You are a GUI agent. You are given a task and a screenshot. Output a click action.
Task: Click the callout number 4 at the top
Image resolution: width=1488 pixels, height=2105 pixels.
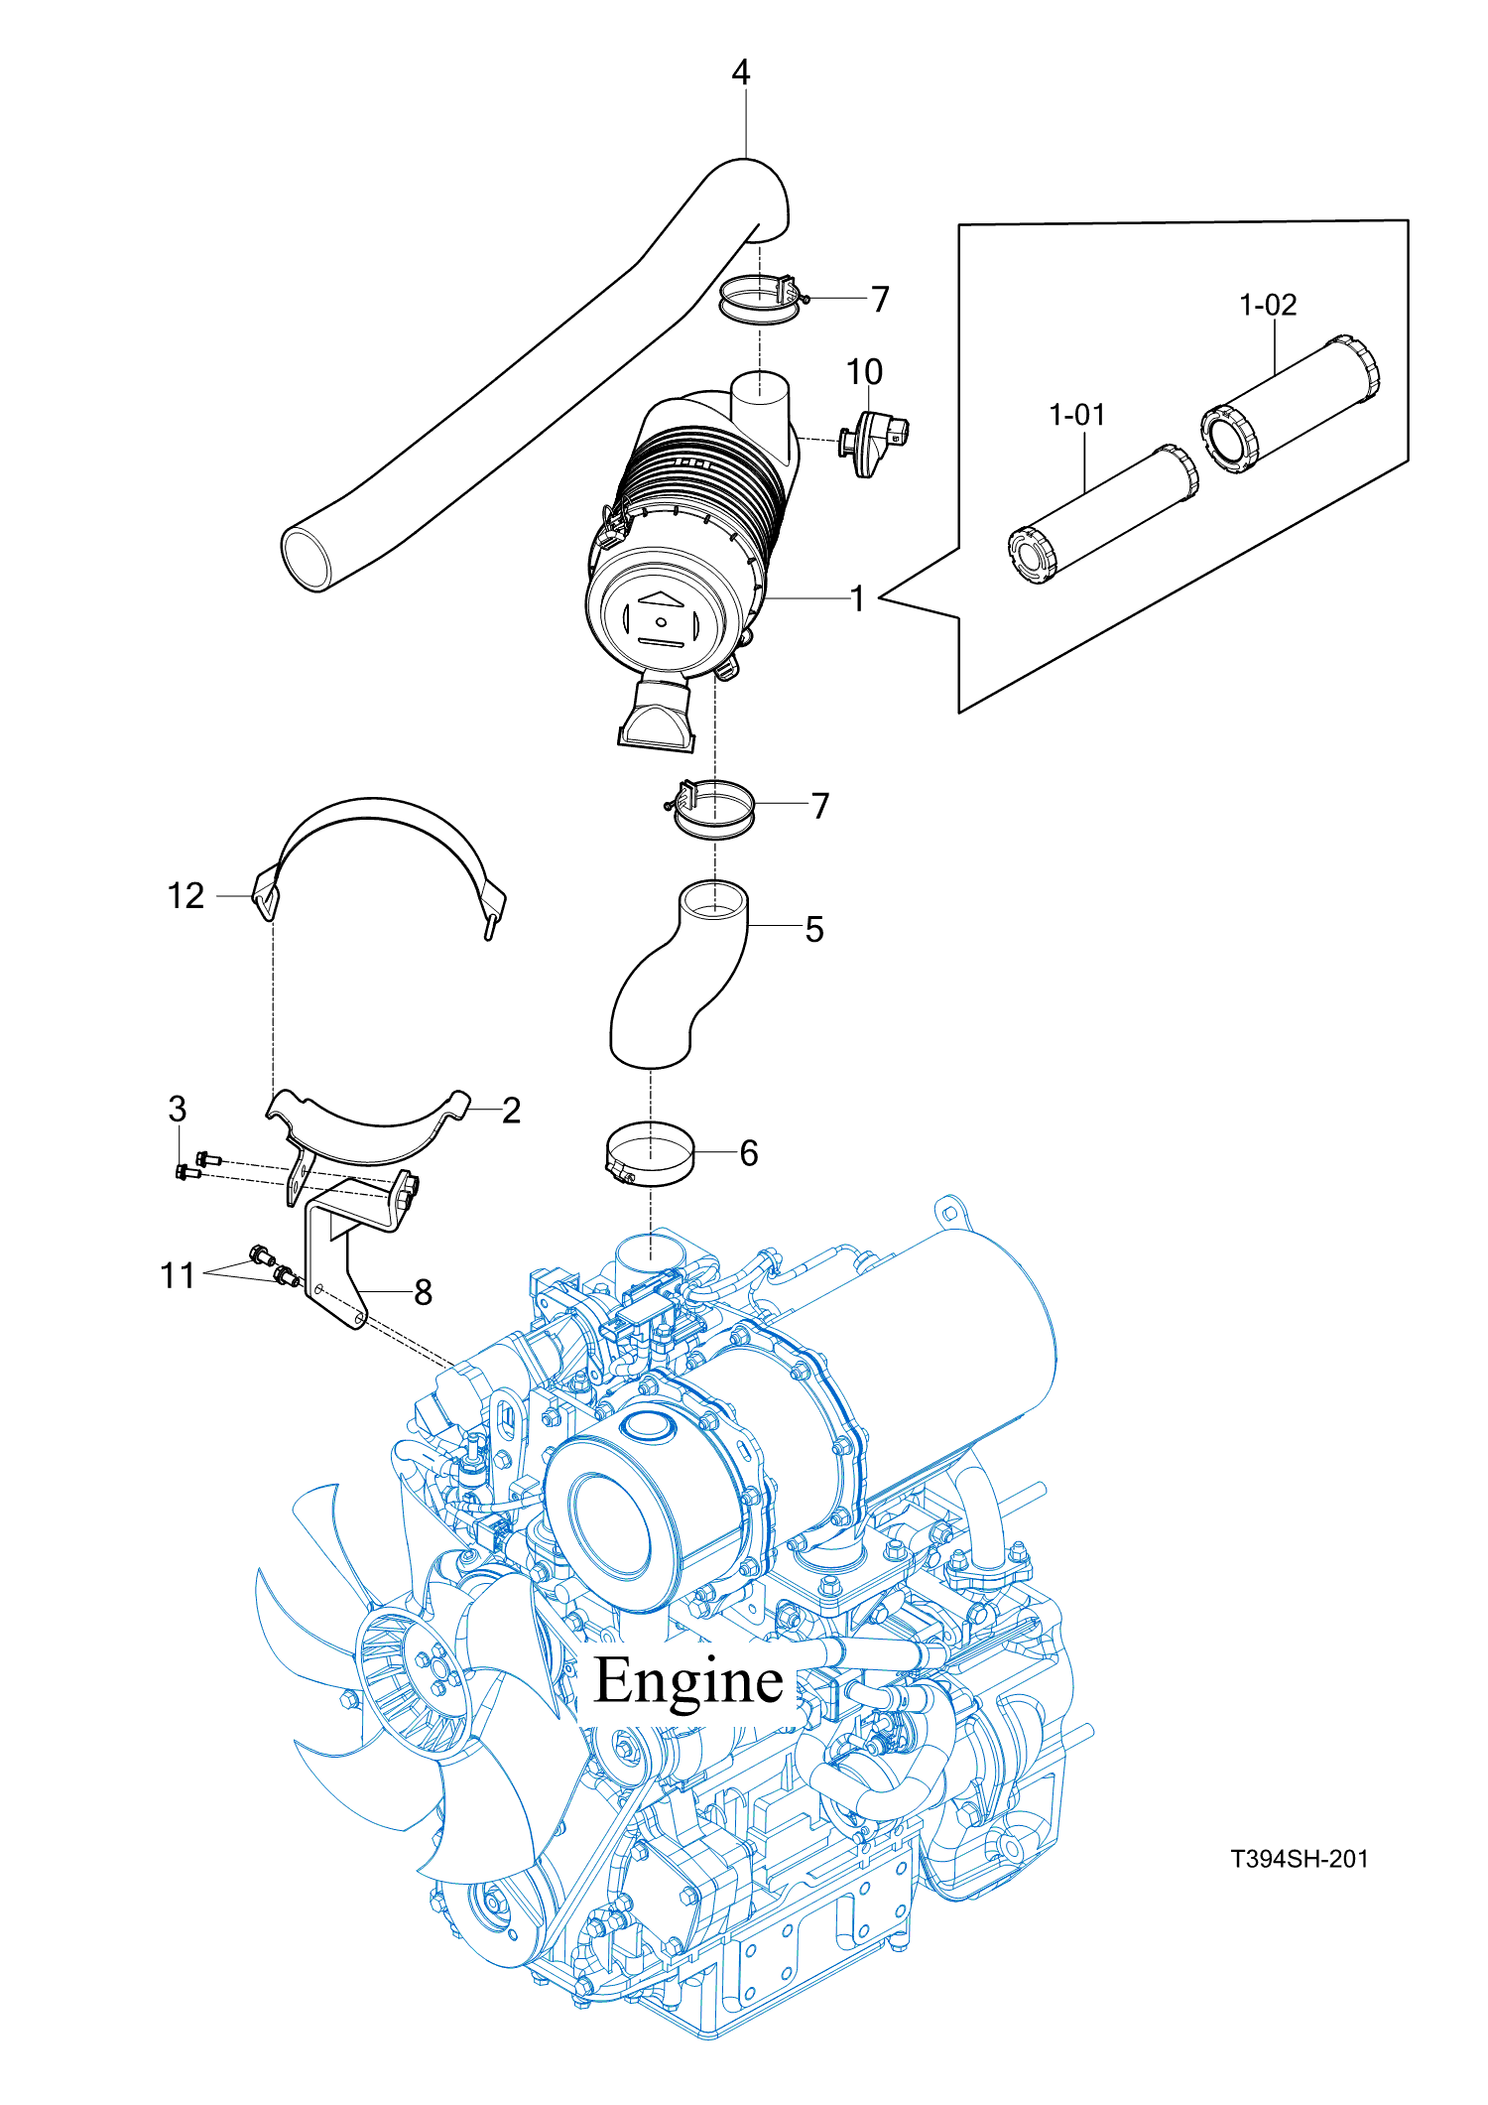(740, 72)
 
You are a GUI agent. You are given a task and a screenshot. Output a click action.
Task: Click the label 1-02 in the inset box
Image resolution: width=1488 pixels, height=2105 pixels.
(1268, 305)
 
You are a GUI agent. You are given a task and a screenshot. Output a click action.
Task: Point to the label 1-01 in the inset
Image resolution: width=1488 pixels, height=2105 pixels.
(1076, 415)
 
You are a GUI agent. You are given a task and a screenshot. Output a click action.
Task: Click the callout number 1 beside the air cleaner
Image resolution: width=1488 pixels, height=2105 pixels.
(857, 598)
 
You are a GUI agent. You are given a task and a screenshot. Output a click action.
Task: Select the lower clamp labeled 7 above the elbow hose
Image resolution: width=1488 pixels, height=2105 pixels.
(714, 810)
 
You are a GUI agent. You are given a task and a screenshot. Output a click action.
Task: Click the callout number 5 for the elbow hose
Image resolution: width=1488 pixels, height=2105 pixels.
(813, 930)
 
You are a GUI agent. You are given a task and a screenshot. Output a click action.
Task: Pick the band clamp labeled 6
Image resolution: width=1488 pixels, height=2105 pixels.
(650, 1153)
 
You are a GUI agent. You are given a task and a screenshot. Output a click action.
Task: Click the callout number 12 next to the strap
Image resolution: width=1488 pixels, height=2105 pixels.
(186, 896)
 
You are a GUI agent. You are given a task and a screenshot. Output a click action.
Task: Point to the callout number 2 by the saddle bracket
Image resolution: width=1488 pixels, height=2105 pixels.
(511, 1111)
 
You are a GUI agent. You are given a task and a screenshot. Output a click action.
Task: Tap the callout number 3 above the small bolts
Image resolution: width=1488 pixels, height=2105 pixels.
(177, 1109)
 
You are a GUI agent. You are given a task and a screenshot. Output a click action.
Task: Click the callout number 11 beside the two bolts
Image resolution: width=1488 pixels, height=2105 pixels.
(178, 1275)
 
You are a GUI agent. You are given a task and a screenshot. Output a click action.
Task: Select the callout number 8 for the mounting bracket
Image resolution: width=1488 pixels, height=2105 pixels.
(423, 1292)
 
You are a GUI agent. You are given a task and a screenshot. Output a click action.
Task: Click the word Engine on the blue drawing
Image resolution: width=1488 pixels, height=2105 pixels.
(688, 1681)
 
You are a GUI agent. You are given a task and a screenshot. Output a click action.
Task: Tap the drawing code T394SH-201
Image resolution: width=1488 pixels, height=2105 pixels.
(1299, 1859)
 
